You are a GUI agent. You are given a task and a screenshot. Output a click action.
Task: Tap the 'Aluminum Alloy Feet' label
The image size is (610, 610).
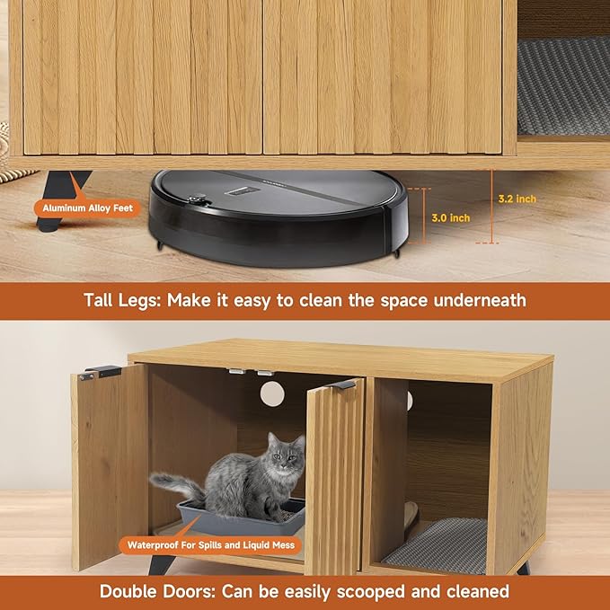click(x=85, y=208)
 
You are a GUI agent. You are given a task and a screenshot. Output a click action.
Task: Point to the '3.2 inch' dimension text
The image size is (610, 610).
click(x=517, y=199)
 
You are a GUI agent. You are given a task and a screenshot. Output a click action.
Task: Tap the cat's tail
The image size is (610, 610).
click(x=175, y=485)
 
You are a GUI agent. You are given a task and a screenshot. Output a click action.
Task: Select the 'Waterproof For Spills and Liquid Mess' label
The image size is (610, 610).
click(x=208, y=544)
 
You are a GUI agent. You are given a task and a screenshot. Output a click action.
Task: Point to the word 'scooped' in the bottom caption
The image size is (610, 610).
click(x=376, y=591)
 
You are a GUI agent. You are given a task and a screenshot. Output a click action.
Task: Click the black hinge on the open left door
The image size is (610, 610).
click(x=100, y=372)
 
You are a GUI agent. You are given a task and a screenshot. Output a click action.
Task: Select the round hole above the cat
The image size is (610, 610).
click(x=272, y=393)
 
